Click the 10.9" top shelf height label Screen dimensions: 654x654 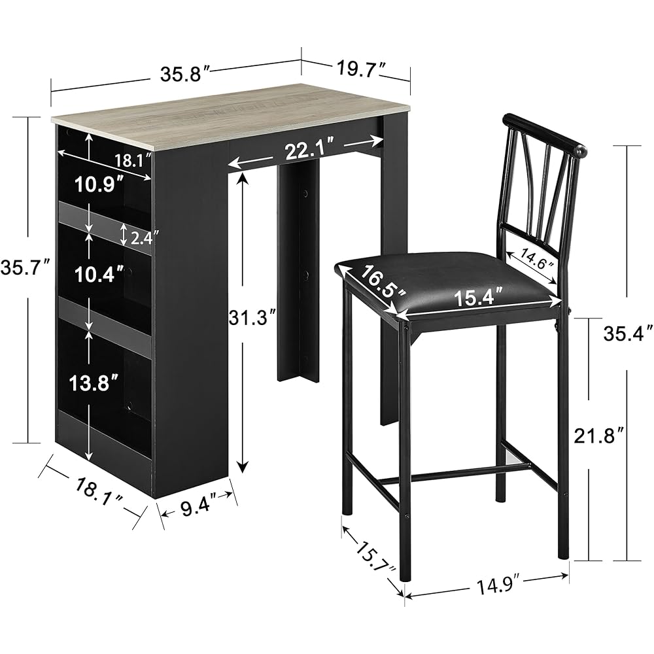[99, 185]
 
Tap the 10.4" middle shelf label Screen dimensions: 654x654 [99, 275]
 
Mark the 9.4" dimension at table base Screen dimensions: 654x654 [196, 505]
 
